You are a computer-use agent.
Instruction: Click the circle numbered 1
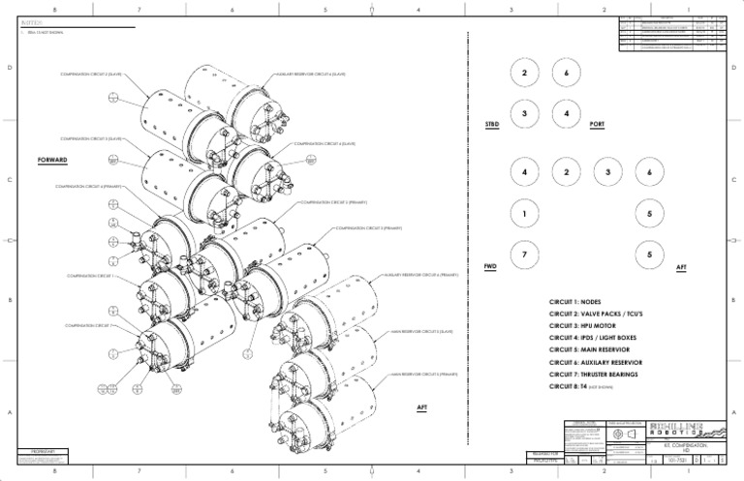523,213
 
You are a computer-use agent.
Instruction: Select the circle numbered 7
523,254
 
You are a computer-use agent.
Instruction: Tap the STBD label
492,125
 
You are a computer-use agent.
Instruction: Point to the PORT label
598,125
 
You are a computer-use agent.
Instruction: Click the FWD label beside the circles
490,266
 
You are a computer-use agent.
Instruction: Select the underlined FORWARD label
53,160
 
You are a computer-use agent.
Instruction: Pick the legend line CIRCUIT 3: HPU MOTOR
583,326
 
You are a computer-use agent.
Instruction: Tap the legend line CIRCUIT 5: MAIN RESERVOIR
592,350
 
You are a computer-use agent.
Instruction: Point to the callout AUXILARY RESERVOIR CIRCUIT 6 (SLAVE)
312,74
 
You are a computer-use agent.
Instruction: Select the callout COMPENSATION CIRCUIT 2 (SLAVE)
90,74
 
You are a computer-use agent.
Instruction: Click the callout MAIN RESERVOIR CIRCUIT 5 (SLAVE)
421,331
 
